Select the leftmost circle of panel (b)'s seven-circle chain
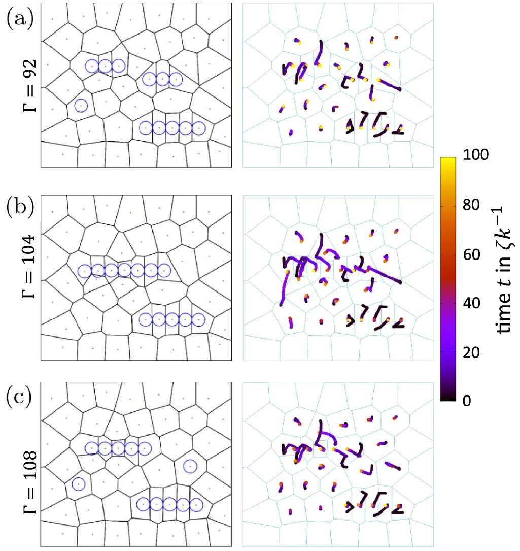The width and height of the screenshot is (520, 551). tap(84, 271)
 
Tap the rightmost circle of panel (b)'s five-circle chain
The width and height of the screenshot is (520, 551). tap(198, 319)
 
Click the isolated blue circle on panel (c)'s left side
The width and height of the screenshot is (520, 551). tap(78, 484)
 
